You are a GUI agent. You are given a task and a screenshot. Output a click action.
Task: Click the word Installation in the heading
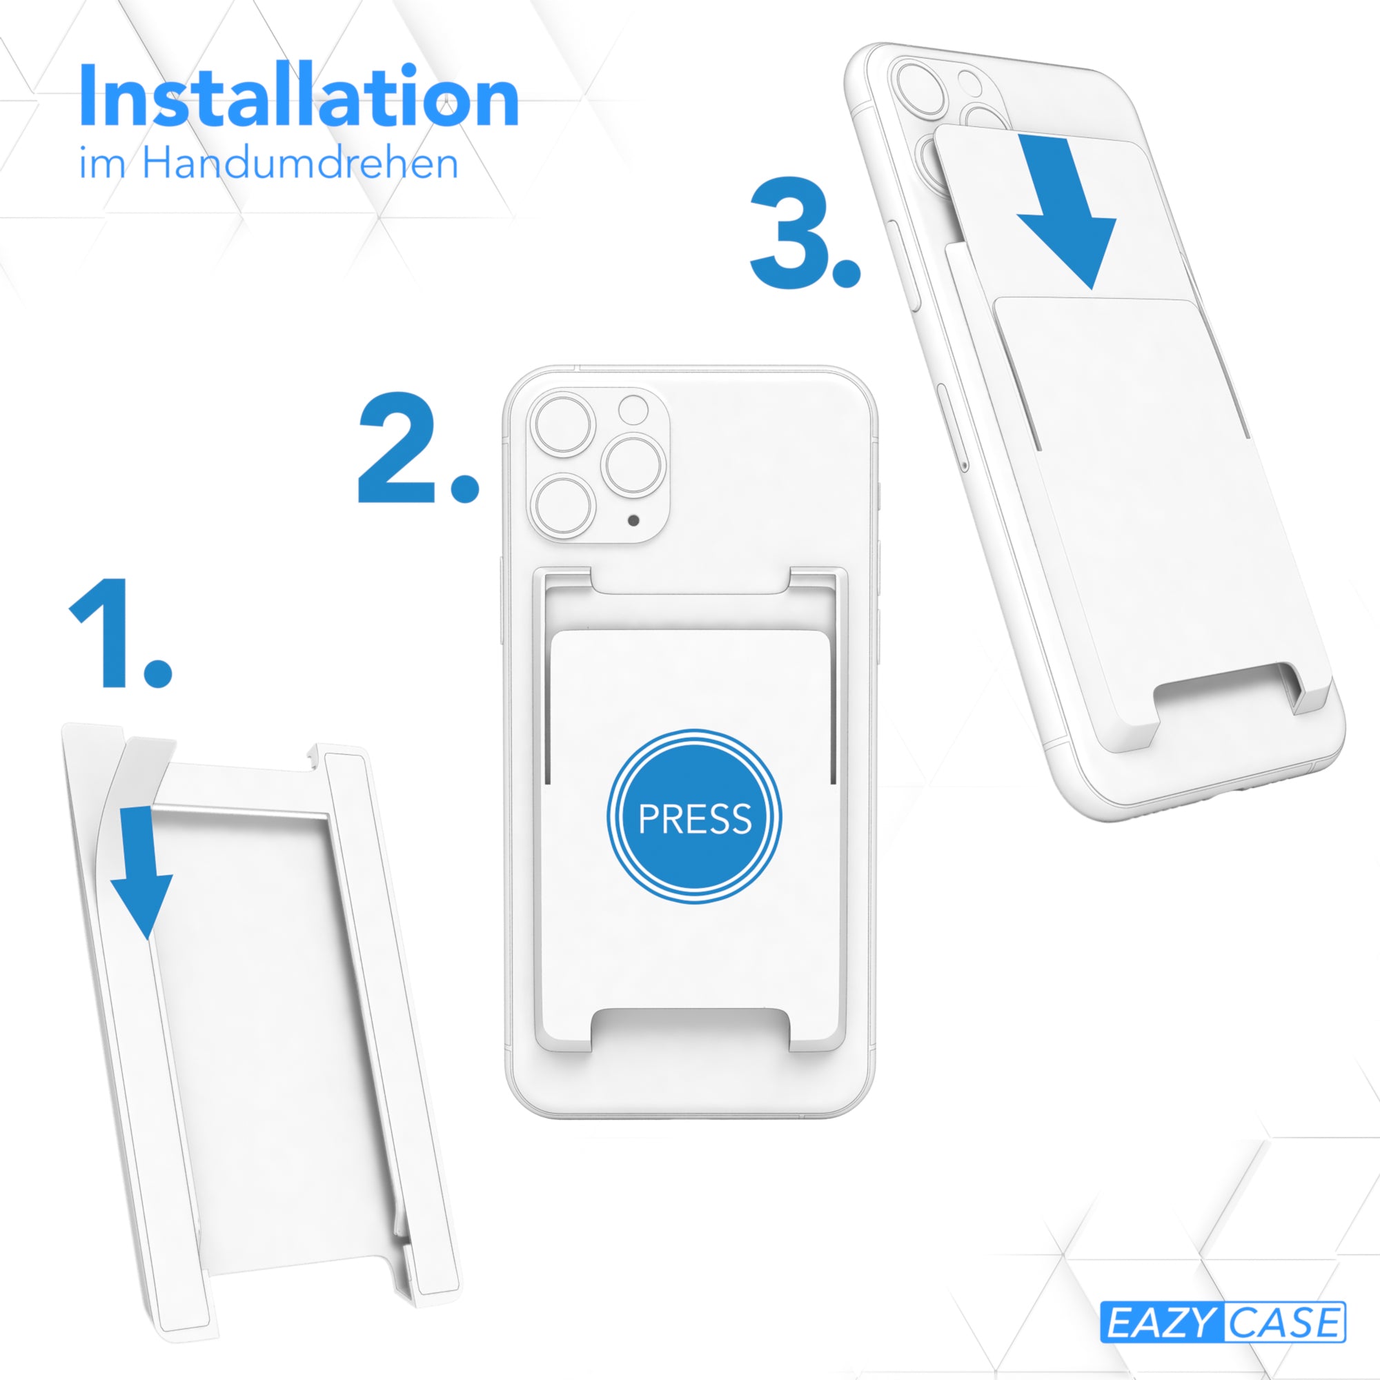[299, 96]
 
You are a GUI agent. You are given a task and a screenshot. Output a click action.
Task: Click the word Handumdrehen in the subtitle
[300, 163]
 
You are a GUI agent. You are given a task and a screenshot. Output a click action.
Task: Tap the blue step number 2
[417, 447]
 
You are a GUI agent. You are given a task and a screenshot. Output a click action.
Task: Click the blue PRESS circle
[694, 818]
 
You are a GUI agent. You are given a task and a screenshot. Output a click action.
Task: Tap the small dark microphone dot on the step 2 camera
[633, 520]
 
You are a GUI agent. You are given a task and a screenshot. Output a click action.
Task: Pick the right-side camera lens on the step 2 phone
[633, 465]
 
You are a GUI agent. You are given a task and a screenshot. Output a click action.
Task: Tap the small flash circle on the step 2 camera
[633, 410]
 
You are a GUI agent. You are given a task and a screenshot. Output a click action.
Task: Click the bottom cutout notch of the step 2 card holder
[690, 1032]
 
